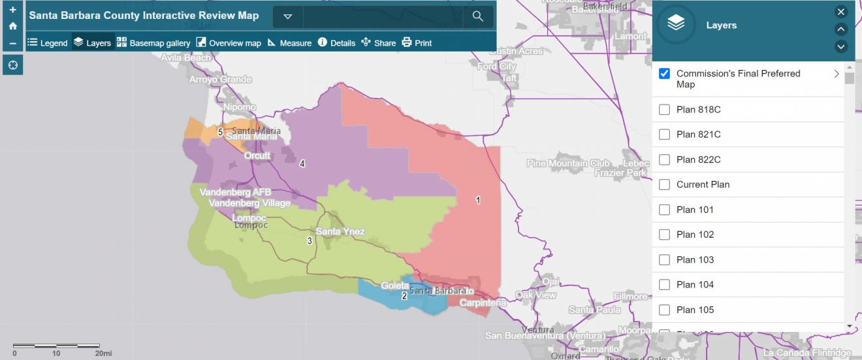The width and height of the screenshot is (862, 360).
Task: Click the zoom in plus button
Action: pos(12,10)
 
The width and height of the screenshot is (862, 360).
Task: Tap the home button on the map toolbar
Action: pos(12,26)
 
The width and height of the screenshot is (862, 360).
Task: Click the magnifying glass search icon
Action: pos(478,16)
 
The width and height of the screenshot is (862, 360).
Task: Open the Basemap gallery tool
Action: pos(153,43)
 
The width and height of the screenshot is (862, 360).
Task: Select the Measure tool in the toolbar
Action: pos(289,43)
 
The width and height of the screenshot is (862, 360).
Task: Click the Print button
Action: pos(417,43)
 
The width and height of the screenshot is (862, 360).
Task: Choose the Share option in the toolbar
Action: pos(378,43)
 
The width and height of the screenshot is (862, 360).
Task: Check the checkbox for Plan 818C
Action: pos(665,110)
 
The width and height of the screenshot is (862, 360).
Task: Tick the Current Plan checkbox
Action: pos(665,185)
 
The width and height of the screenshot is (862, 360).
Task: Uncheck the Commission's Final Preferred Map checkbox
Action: pos(665,74)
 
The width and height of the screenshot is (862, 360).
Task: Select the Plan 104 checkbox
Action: pos(665,285)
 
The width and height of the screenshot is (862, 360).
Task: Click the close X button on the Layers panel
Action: pos(841,12)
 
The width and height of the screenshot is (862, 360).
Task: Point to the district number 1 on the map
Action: pos(478,201)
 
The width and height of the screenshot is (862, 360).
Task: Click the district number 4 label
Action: pos(302,163)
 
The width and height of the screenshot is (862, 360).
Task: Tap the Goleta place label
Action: pos(395,286)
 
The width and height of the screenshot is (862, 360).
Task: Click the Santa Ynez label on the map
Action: pos(340,232)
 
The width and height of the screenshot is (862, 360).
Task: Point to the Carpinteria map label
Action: pos(483,303)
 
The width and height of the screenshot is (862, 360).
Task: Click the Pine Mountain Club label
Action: pos(568,163)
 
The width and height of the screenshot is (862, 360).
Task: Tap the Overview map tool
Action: pos(229,43)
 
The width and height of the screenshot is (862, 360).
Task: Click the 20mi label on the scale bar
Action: pos(103,353)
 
